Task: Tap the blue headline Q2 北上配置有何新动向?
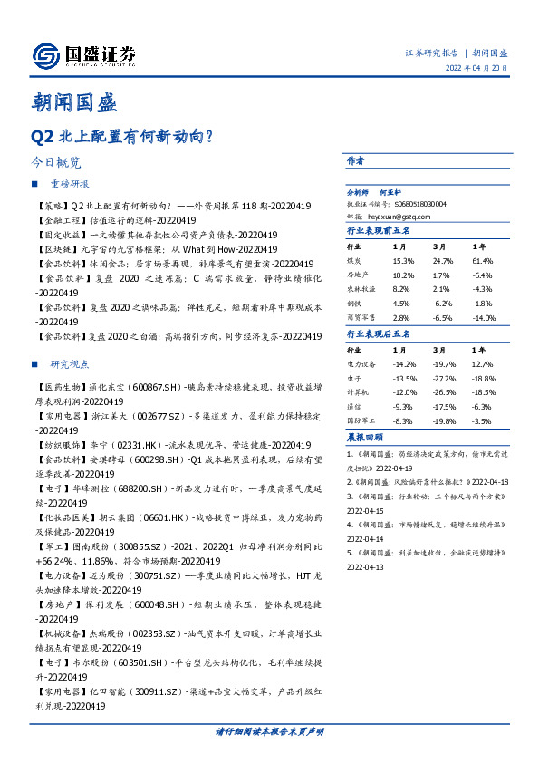tap(121, 137)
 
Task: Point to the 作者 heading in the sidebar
tap(355, 160)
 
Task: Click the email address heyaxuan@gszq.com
tap(399, 217)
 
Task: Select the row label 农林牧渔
tap(361, 289)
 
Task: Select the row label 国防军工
tap(361, 421)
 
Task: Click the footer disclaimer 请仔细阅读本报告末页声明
tap(269, 730)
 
